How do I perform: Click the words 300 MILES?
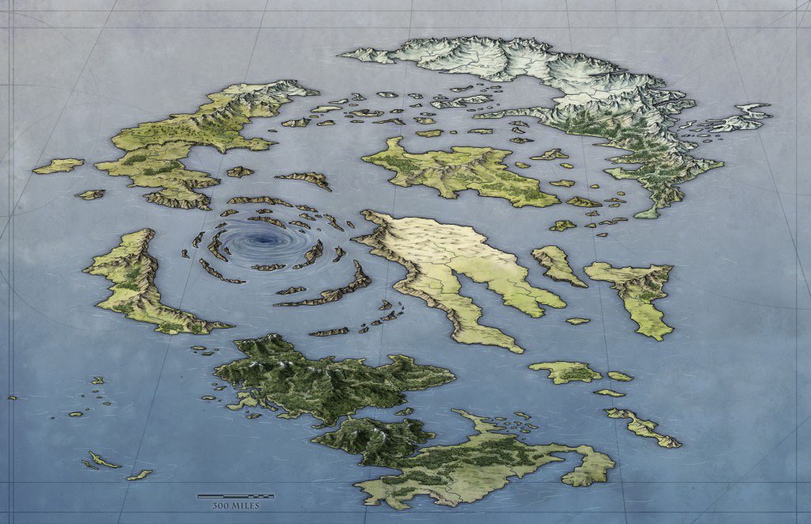pyautogui.click(x=235, y=505)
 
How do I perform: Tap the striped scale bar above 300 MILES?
pyautogui.click(x=235, y=496)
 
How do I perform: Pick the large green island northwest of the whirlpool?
pyautogui.click(x=182, y=142)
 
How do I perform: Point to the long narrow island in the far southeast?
pyautogui.click(x=642, y=427)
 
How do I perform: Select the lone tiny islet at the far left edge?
pyautogui.click(x=12, y=397)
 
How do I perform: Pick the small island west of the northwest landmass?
pyautogui.click(x=59, y=165)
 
